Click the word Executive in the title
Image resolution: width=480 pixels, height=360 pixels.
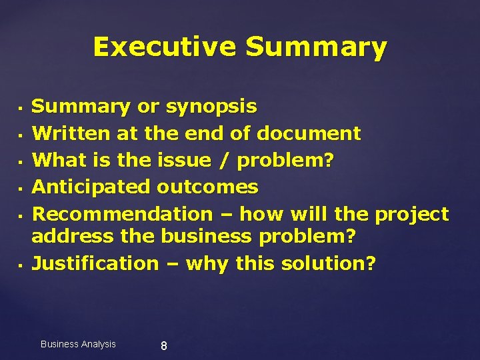pyautogui.click(x=165, y=47)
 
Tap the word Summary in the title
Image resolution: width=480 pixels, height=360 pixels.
pyautogui.click(x=316, y=47)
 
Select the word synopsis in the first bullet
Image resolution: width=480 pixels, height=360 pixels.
pyautogui.click(x=211, y=107)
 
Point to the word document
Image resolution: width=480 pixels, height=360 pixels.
pyautogui.click(x=309, y=133)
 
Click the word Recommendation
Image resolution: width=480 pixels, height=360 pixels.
pyautogui.click(x=122, y=214)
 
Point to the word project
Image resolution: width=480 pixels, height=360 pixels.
pyautogui.click(x=412, y=214)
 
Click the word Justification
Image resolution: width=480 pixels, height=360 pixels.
pyautogui.click(x=95, y=263)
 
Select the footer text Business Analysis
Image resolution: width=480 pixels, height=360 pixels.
pyautogui.click(x=78, y=344)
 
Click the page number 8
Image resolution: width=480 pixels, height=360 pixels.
pyautogui.click(x=164, y=346)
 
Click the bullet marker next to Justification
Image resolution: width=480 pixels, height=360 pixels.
pyautogui.click(x=21, y=265)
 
